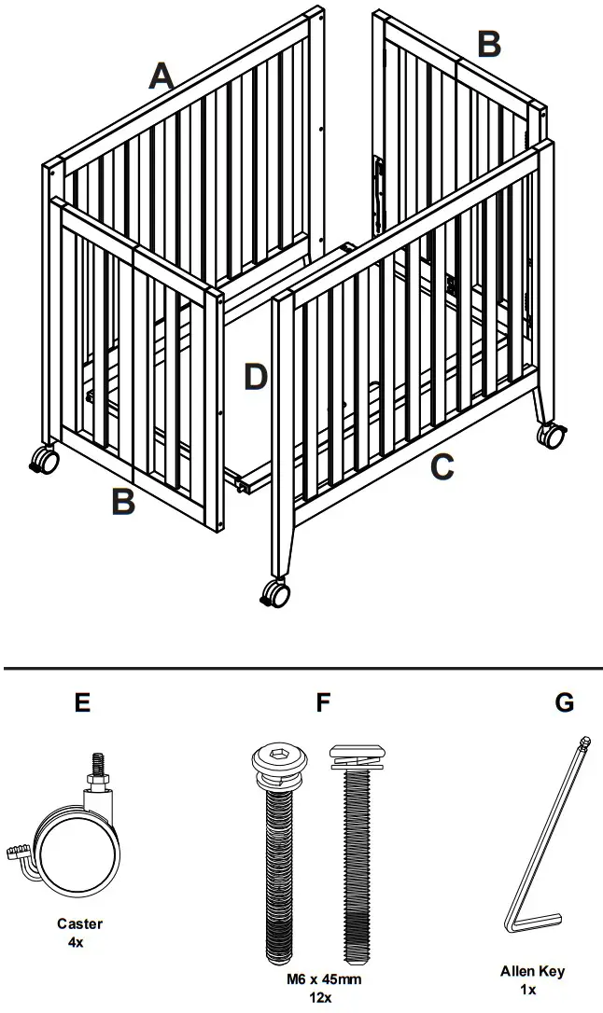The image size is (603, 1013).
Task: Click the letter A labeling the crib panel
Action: pos(162,76)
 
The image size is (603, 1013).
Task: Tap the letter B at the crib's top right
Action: pos(489,43)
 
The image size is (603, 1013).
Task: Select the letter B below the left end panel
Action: pos(123,502)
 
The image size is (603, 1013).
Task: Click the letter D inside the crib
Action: pos(256,377)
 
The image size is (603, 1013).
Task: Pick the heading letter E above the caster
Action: pos(83,702)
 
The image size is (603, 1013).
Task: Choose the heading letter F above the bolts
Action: pos(324,702)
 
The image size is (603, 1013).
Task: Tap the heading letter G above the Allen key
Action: pos(564,702)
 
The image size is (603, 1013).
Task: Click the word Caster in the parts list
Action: pos(80,923)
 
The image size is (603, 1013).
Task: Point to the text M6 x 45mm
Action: pos(323,979)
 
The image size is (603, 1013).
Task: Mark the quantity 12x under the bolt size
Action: pos(323,996)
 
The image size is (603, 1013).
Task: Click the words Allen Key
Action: pos(532,971)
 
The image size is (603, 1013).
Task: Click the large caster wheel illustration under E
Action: pos(78,849)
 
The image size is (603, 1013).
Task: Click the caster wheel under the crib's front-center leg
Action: pos(277,593)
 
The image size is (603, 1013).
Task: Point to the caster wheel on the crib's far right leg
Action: pos(552,434)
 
